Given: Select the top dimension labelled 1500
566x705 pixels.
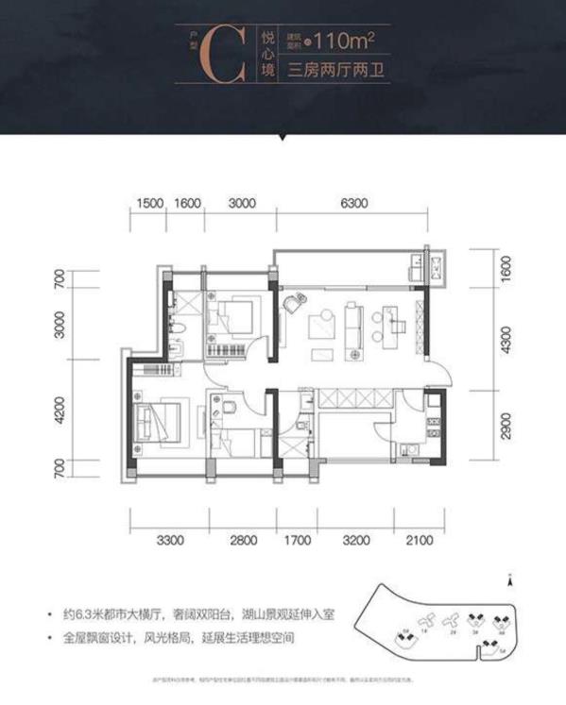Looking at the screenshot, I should pos(149,202).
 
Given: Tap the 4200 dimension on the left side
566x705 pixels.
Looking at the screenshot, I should pos(59,411).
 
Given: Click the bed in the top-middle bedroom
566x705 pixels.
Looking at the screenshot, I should pos(234,315).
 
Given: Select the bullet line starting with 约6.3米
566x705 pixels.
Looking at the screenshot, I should pos(194,613).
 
